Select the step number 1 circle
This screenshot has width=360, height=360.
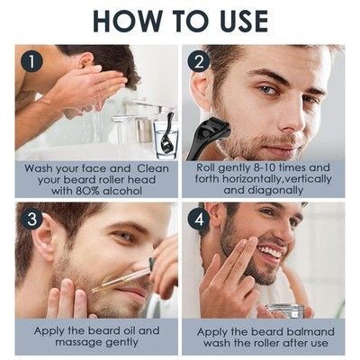tap(31, 62)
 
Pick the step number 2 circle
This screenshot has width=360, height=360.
tap(199, 62)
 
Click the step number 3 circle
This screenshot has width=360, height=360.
tap(31, 220)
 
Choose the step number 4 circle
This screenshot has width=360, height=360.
tap(199, 220)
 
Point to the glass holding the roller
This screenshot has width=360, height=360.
tap(166, 140)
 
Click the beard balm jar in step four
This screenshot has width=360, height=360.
tap(283, 310)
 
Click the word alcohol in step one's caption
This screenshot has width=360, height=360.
tap(122, 191)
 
